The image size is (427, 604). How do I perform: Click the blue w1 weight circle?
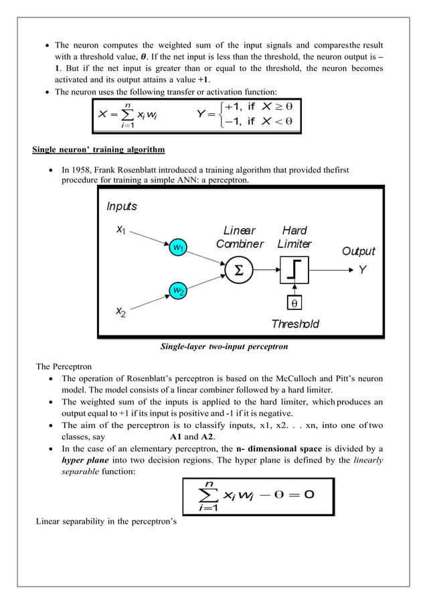coord(178,248)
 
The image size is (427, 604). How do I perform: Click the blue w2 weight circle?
coord(178,290)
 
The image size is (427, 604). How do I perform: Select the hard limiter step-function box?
coord(294,271)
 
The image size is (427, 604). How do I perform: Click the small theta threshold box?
coord(294,303)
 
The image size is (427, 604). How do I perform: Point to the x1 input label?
coord(120,230)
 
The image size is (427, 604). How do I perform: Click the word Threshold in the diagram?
coord(295,324)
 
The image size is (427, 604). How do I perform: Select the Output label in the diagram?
coord(359,251)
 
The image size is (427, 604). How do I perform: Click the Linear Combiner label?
coord(240,238)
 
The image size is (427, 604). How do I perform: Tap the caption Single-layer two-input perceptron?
coord(213,346)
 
